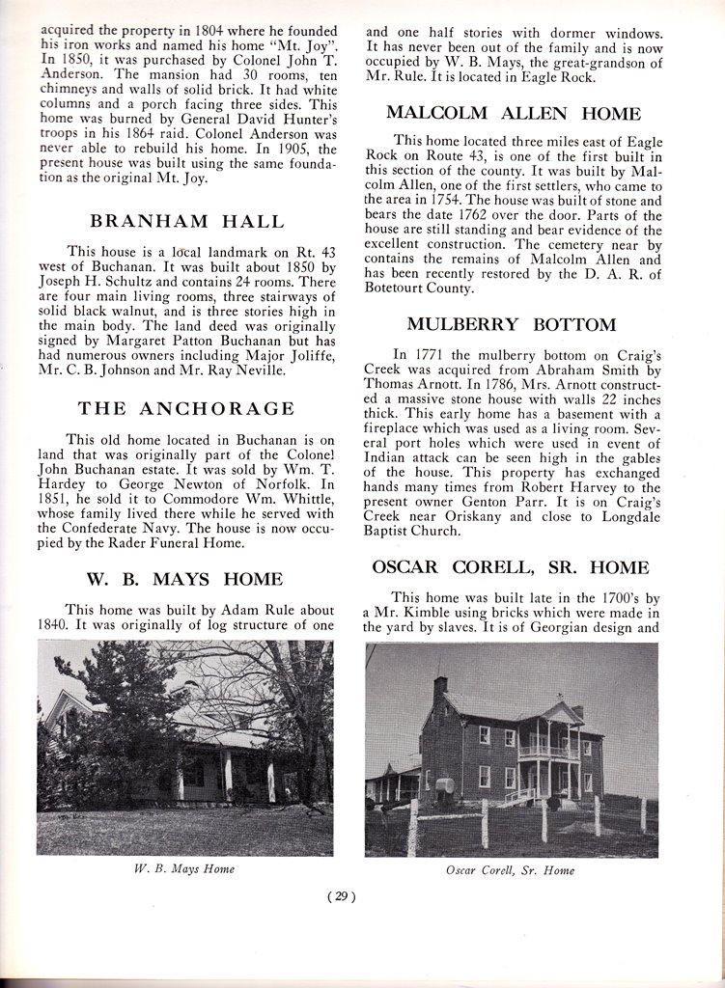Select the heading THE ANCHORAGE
click(186, 408)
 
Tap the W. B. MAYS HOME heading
click(184, 579)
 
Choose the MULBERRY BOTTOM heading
click(511, 324)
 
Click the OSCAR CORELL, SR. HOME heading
click(511, 566)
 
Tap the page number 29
click(343, 896)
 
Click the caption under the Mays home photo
click(183, 869)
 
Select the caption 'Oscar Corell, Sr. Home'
click(511, 870)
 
